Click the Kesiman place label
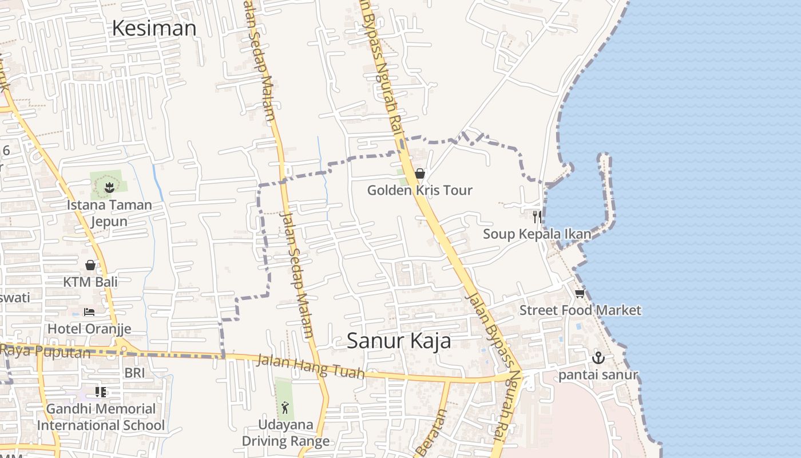(x=154, y=27)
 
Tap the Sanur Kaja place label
(x=399, y=341)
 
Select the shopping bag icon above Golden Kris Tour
(x=420, y=173)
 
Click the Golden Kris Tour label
(x=420, y=190)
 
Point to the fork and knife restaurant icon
(x=537, y=216)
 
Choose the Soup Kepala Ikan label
(x=537, y=234)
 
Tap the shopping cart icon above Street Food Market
(x=580, y=294)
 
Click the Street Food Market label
(x=580, y=310)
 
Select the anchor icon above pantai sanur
(x=598, y=358)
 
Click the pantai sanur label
(x=598, y=376)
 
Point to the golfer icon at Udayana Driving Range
(x=285, y=408)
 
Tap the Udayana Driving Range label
(x=285, y=433)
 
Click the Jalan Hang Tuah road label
(x=310, y=367)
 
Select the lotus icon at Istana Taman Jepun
(x=109, y=185)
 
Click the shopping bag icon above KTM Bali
(x=90, y=264)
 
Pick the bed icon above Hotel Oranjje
(x=89, y=311)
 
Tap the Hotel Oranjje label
(x=89, y=329)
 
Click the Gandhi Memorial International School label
(x=101, y=417)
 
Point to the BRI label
(x=135, y=373)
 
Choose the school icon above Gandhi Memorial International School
(x=101, y=392)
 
